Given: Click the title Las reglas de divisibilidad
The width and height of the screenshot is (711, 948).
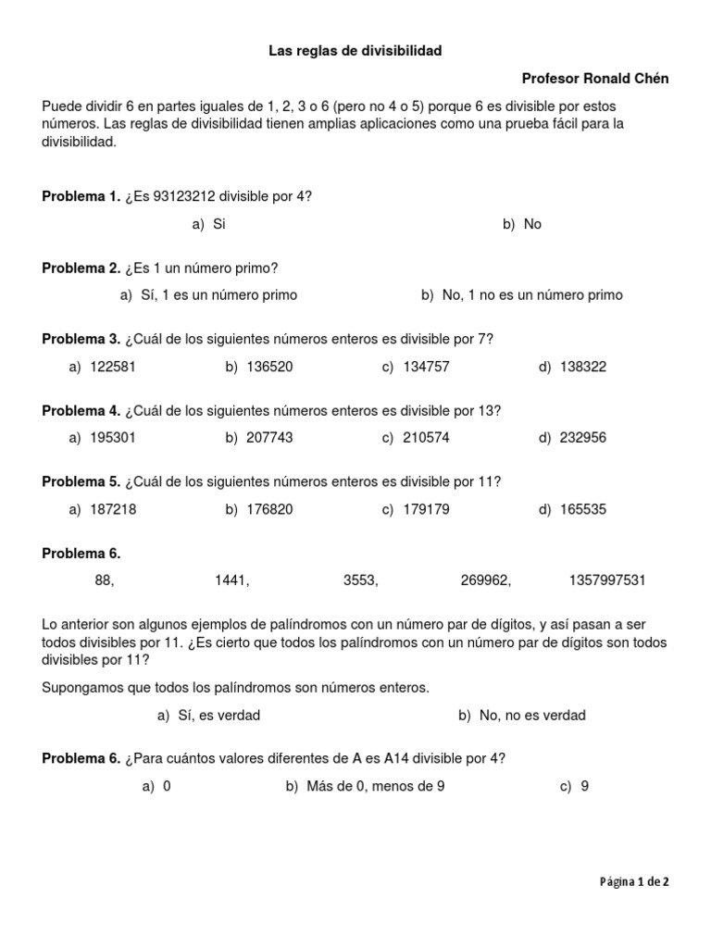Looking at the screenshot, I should pyautogui.click(x=355, y=51).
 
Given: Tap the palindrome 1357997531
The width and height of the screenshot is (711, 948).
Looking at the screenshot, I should pyautogui.click(x=607, y=580).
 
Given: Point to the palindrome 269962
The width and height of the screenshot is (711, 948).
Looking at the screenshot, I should pyautogui.click(x=485, y=580).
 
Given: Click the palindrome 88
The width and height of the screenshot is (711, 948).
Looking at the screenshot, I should pyautogui.click(x=104, y=580).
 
